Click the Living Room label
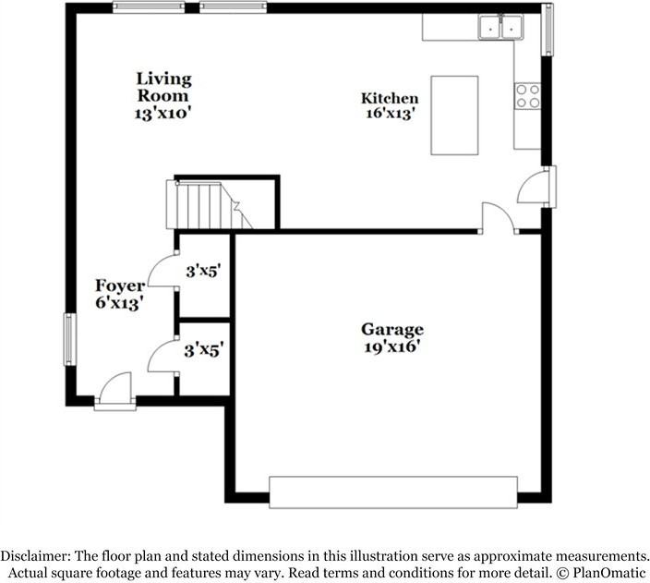tap(163, 87)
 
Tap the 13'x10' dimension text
tap(163, 114)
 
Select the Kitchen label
tap(389, 99)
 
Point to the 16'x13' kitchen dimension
tap(389, 115)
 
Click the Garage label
tap(391, 329)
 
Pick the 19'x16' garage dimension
tap(391, 346)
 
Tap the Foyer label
tap(119, 285)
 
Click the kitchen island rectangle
tap(454, 115)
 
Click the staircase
tap(205, 204)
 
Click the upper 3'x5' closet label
tap(203, 272)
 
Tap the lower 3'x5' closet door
tap(162, 356)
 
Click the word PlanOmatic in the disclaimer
tap(605, 572)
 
